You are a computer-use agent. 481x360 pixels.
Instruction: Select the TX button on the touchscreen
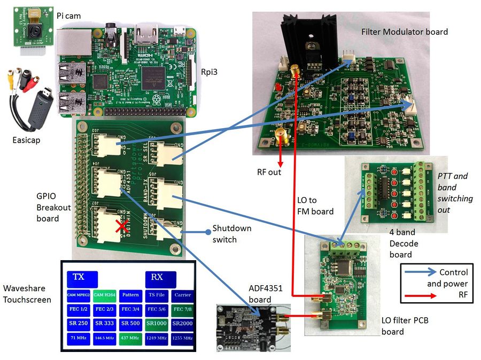coord(82,278)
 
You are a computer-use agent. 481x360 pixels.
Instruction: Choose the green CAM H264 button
coord(105,295)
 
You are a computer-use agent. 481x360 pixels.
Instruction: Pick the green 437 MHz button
coord(130,338)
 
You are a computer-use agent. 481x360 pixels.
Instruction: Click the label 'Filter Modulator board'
coord(404,32)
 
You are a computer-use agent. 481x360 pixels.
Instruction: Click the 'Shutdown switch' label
coord(232,233)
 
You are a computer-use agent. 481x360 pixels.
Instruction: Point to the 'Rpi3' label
coord(209,73)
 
